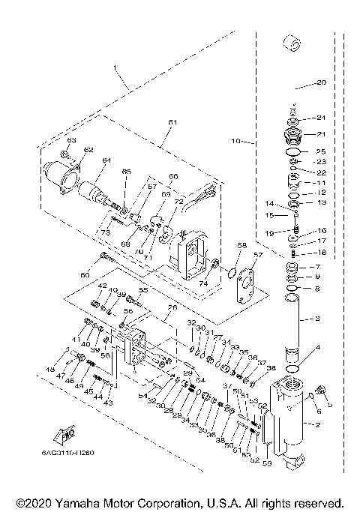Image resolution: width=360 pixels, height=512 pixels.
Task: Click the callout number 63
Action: pos(72,140)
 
